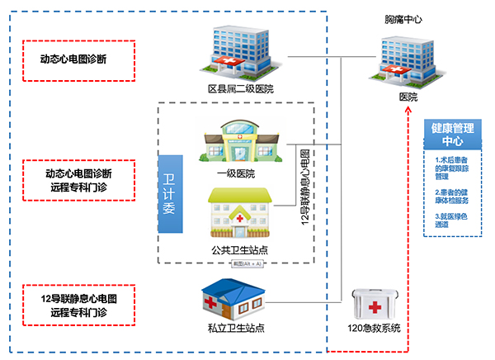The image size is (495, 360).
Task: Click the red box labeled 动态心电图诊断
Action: pos(77,60)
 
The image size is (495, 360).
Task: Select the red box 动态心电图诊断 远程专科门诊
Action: pos(77,181)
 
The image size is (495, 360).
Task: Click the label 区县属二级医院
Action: pos(240,88)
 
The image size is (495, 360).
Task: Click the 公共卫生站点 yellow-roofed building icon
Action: pos(239,213)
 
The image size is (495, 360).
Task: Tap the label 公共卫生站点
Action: pos(239,249)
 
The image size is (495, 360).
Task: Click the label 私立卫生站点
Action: pos(237,329)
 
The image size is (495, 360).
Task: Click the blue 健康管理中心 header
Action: pos(452,135)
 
